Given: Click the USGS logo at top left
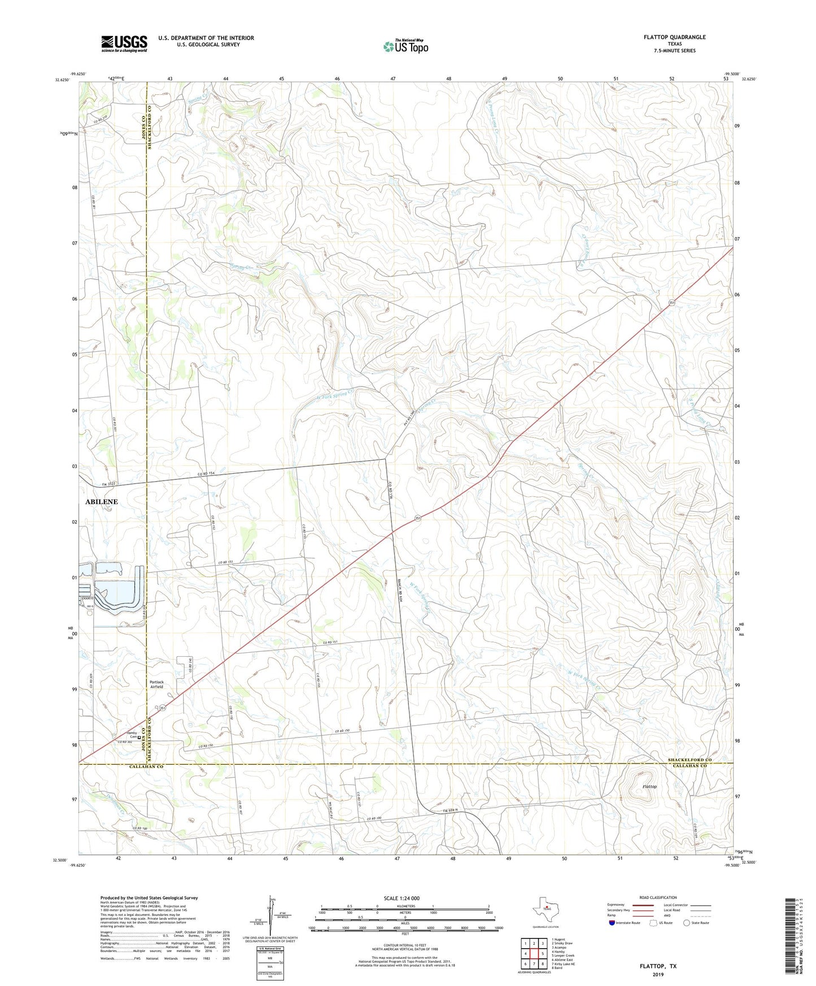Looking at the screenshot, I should coord(124,43).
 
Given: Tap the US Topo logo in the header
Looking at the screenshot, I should coord(405,46).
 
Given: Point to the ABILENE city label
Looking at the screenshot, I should coord(102,501).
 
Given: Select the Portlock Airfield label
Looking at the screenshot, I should coord(156,684).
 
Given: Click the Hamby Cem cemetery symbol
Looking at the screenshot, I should coord(139,736).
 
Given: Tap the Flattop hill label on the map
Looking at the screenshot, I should coord(649,787).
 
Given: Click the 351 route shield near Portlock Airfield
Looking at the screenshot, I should coord(163,708).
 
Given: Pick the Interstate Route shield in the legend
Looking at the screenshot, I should coord(613,923).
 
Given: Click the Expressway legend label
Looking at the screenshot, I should coord(618,905).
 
